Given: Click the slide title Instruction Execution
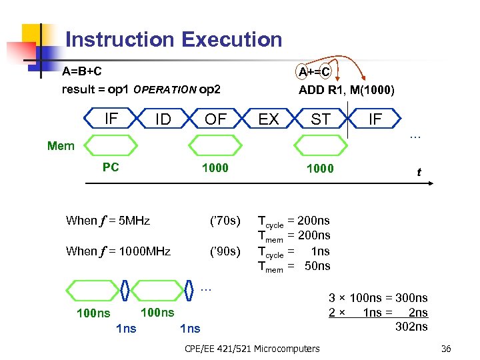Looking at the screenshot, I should (174, 39).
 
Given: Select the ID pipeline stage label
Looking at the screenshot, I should (163, 119).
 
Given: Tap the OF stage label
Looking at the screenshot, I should (215, 119).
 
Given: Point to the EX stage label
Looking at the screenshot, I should (268, 119).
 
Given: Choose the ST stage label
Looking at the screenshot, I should (321, 119).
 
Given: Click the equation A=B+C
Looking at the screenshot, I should (82, 71).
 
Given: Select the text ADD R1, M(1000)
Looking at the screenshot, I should (346, 90).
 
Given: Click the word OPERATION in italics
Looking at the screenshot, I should (165, 90).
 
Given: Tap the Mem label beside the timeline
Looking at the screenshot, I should (61, 146).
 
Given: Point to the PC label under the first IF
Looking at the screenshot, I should (111, 167).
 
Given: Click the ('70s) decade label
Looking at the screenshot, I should (225, 221).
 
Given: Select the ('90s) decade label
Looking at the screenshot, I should (225, 251).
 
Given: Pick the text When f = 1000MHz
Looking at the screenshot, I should (118, 251).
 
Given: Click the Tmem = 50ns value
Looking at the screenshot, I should (294, 267).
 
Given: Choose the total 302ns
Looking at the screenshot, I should (411, 326).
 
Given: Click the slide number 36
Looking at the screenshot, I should (446, 349).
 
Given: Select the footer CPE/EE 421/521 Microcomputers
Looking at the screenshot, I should (251, 349).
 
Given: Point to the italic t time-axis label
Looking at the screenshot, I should (419, 173).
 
